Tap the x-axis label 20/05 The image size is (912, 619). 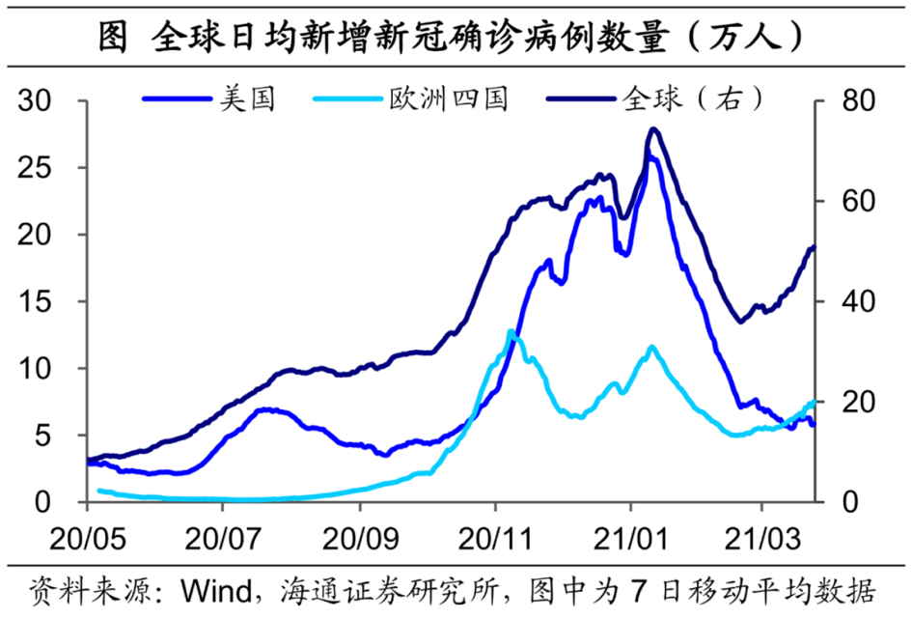(x=87, y=534)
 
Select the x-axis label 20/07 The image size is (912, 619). (x=223, y=534)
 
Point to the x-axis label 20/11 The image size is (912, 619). (x=494, y=534)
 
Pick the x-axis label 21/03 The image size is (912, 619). (x=763, y=534)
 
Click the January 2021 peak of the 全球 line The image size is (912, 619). (x=653, y=128)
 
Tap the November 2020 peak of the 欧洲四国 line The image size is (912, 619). (x=511, y=331)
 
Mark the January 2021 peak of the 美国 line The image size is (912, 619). (x=651, y=157)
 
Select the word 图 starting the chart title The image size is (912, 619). (x=112, y=37)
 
